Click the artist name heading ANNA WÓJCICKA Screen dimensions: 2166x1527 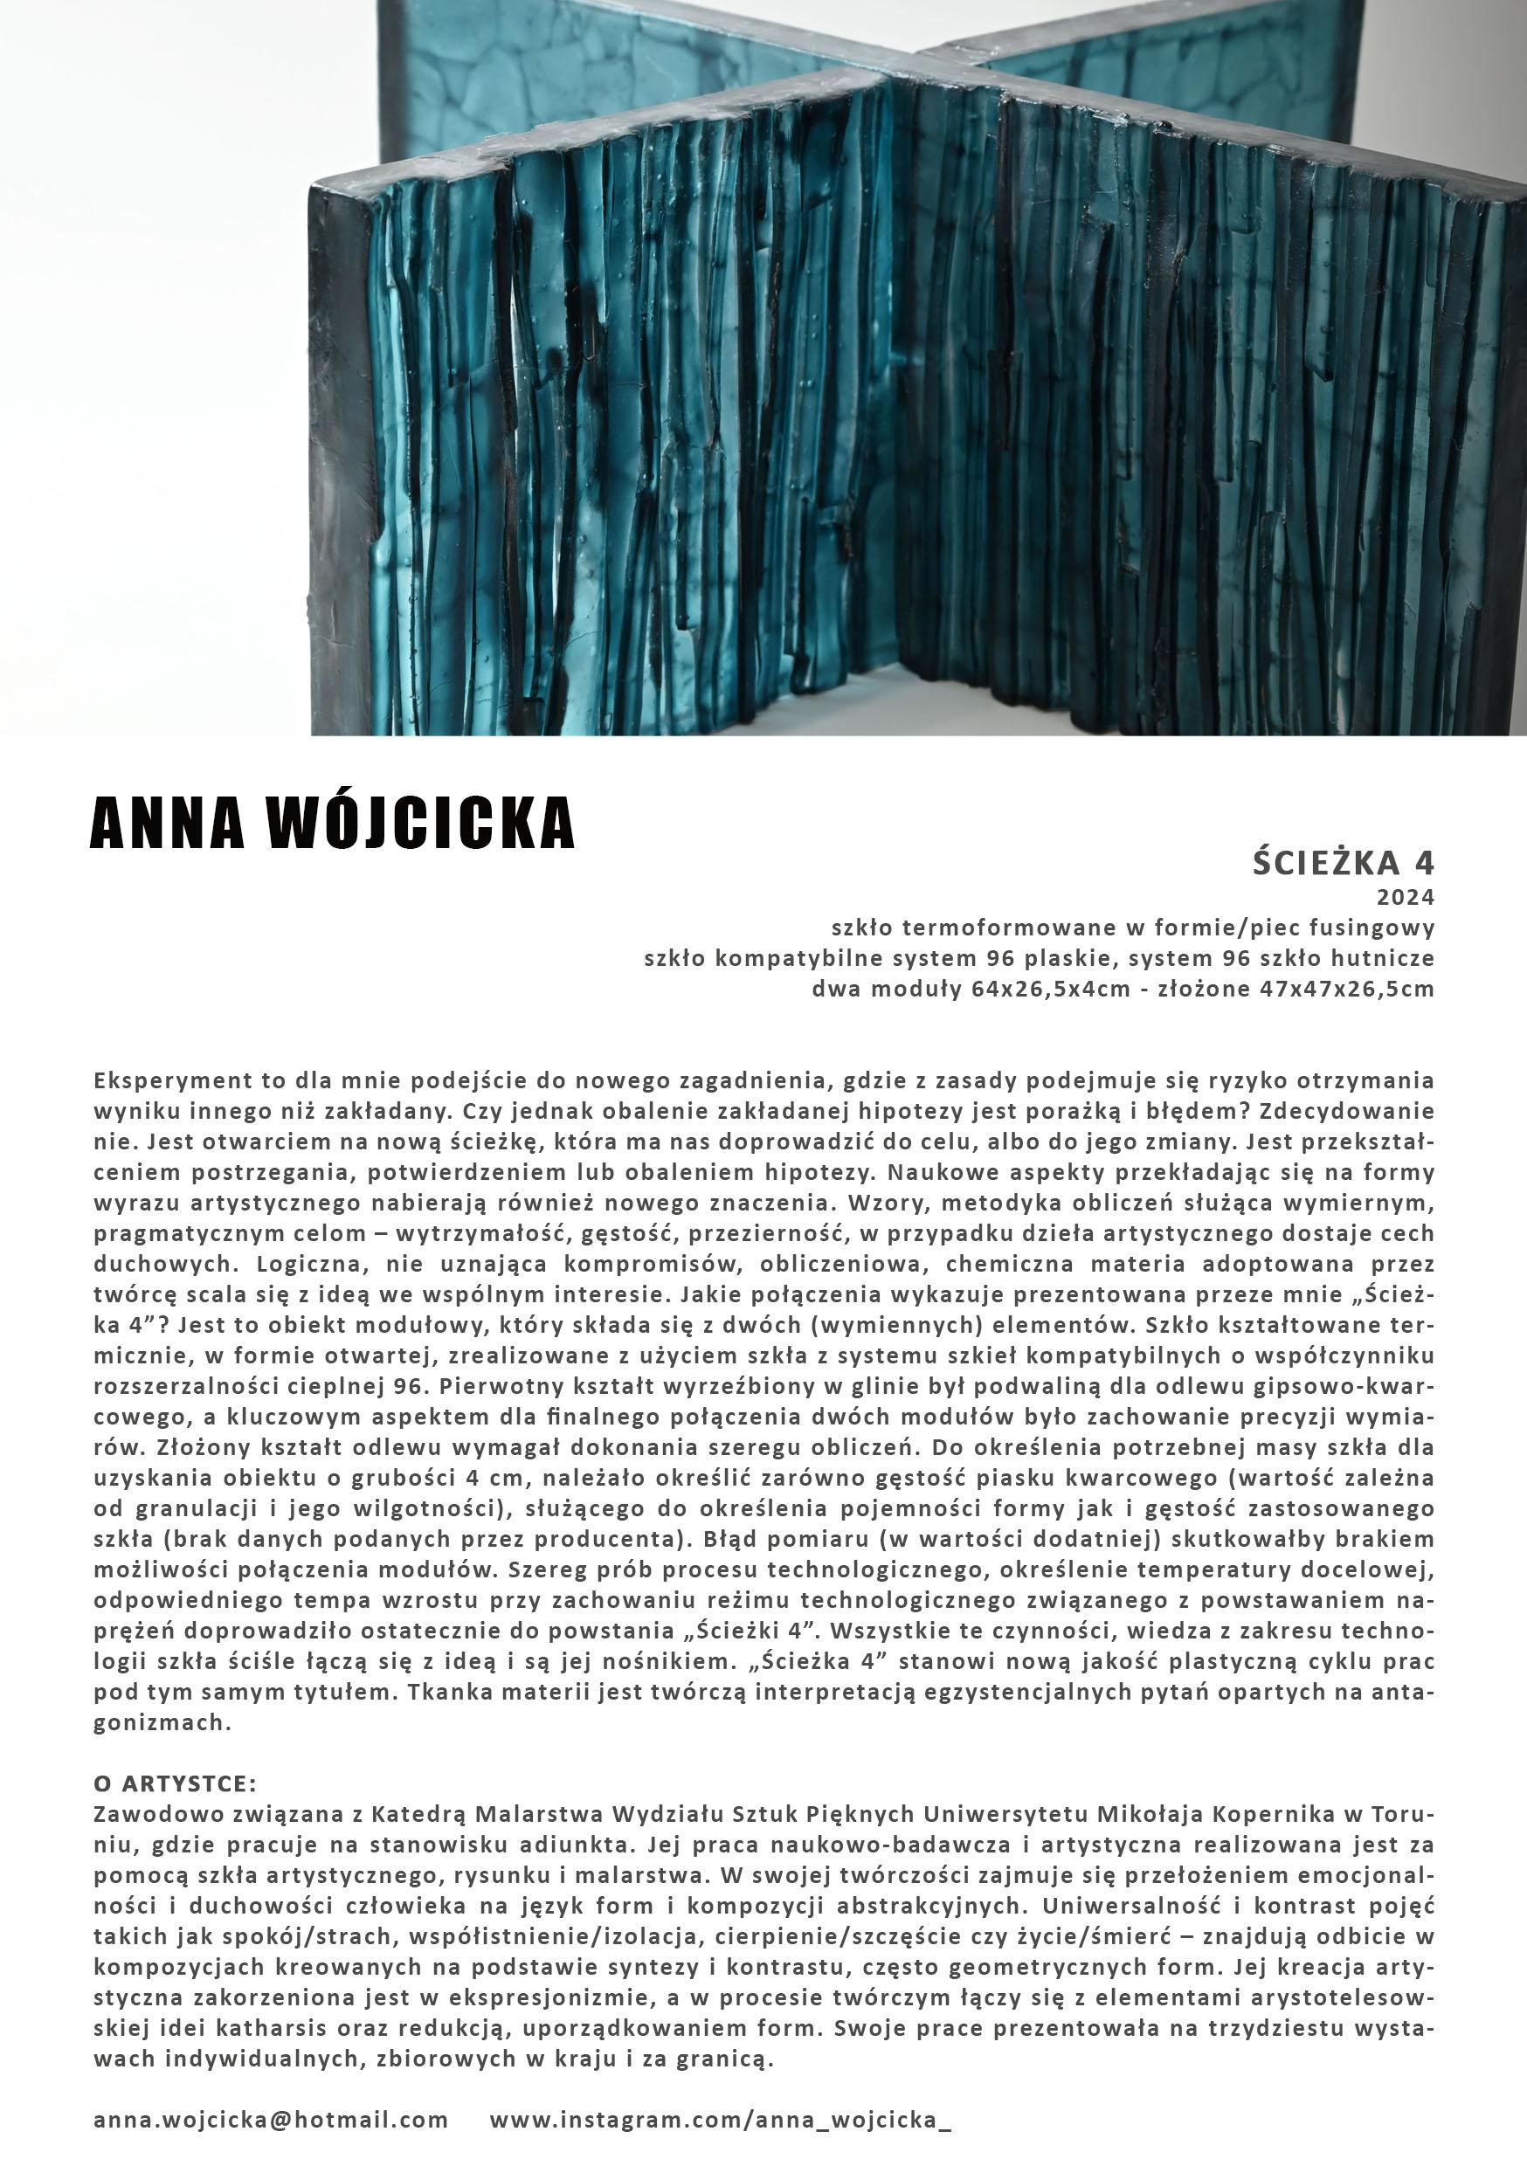click(331, 822)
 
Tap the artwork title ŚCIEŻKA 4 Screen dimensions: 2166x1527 click(1343, 862)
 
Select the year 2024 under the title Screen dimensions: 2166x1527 click(1406, 895)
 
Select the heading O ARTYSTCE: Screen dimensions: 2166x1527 click(175, 1784)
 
